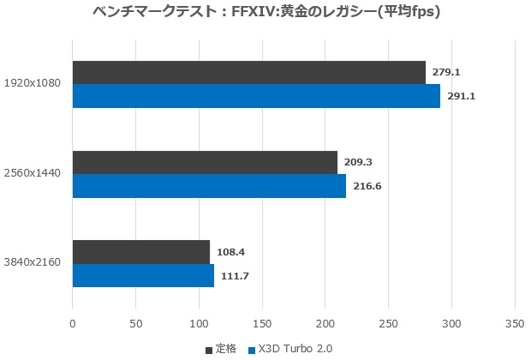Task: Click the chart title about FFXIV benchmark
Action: (x=265, y=13)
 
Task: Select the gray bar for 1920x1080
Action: (x=248, y=73)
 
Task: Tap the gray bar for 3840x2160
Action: (x=140, y=252)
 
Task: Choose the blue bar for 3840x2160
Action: (x=143, y=275)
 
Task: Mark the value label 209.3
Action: (x=360, y=162)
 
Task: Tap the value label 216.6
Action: (x=367, y=186)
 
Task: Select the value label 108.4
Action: (x=231, y=252)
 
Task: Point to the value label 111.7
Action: (x=235, y=275)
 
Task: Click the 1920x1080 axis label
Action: (x=32, y=84)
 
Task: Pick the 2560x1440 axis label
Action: (x=32, y=174)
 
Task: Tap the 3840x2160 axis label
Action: (x=32, y=263)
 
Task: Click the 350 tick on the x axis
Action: (x=514, y=324)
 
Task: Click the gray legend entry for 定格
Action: (x=222, y=349)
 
